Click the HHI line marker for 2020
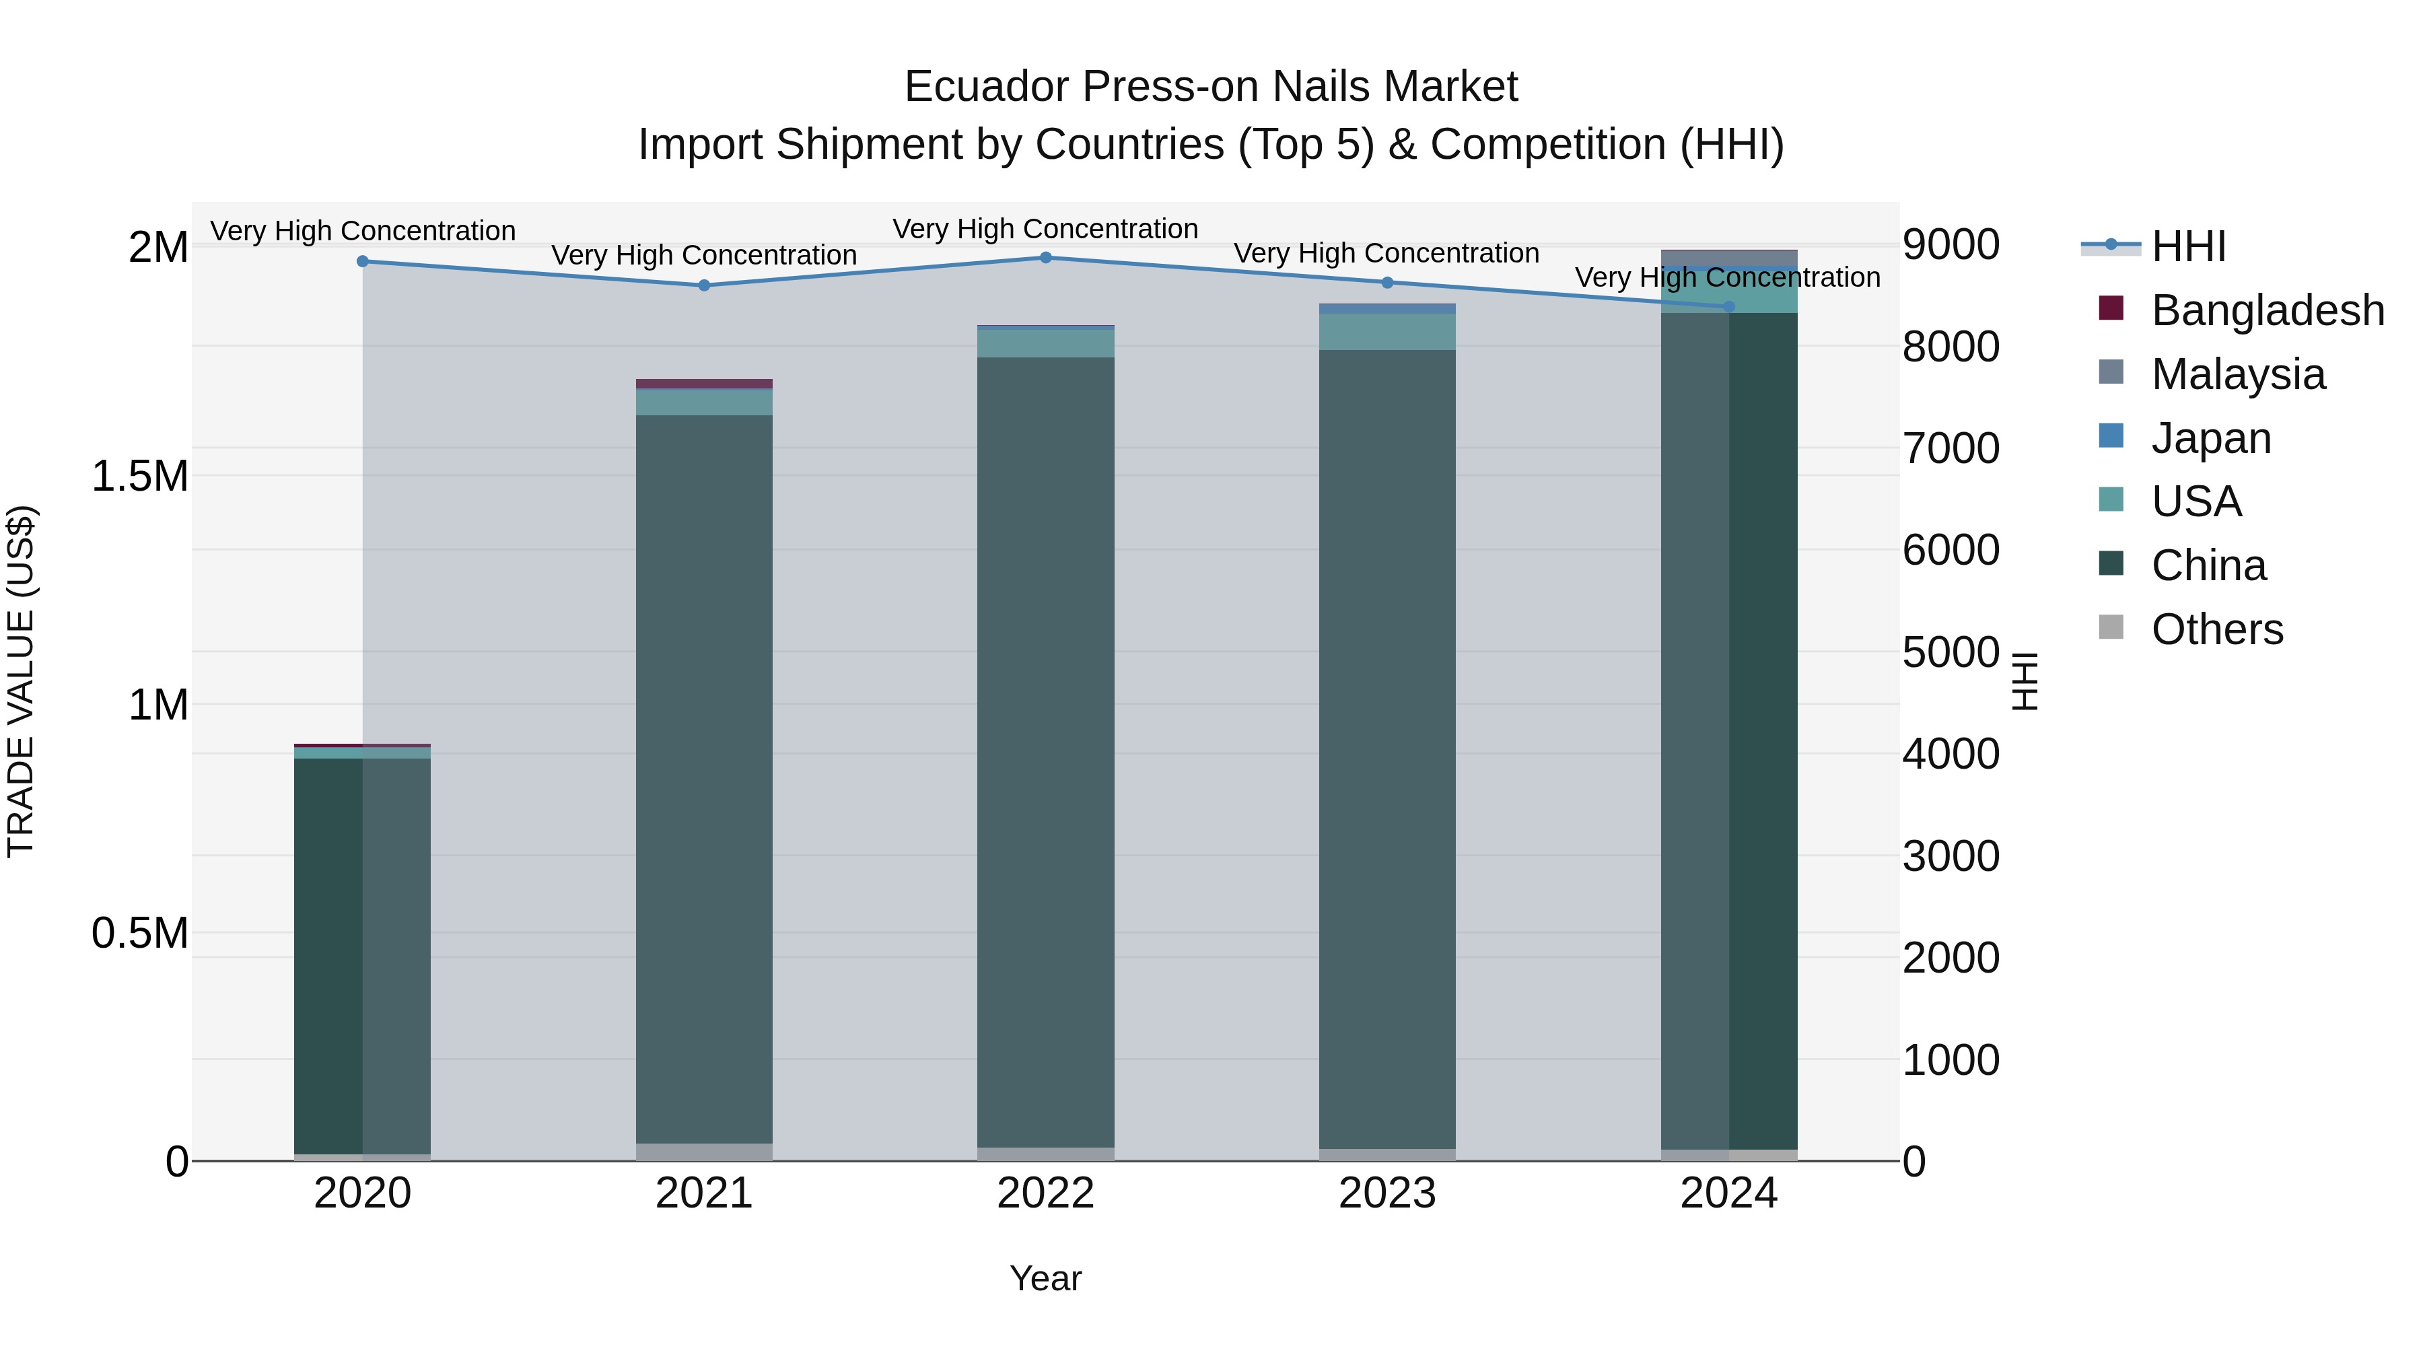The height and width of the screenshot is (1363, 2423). (x=363, y=262)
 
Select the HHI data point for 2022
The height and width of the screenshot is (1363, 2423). (x=1046, y=258)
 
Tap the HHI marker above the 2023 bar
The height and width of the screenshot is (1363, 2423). (x=1387, y=282)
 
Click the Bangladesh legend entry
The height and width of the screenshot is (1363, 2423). (x=2267, y=310)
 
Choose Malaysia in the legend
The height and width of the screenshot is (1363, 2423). (x=2238, y=374)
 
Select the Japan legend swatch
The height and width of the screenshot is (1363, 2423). (x=2111, y=436)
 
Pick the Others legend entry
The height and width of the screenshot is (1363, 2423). (x=2217, y=629)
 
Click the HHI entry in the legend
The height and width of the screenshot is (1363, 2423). (x=2188, y=246)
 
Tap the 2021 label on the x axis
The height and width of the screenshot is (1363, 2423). (x=705, y=1193)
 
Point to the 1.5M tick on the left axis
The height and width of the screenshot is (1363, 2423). (x=139, y=476)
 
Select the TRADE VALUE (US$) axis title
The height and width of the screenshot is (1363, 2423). (x=21, y=681)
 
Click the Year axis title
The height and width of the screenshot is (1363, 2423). (x=1046, y=1278)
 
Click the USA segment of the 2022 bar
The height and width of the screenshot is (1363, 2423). (x=1046, y=343)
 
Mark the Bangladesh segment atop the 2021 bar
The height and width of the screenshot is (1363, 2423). (x=705, y=384)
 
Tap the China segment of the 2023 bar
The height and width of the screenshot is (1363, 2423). (x=1387, y=748)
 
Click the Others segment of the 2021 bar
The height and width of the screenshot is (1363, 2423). (x=705, y=1152)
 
